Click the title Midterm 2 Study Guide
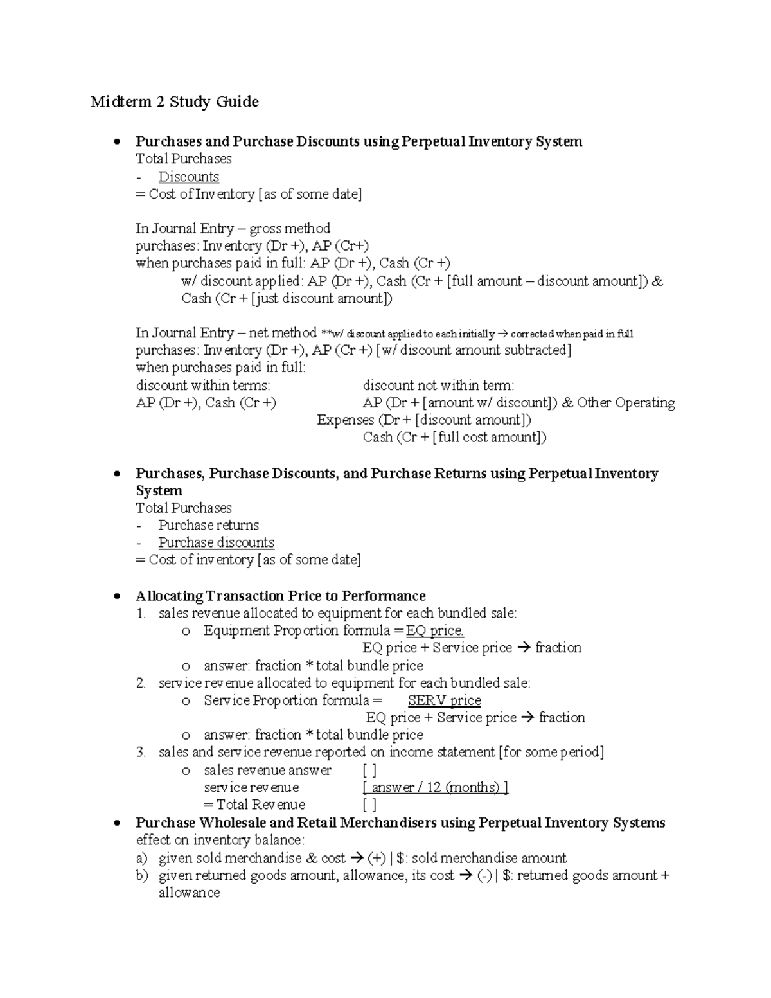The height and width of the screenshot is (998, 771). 174,102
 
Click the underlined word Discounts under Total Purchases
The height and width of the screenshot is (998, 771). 188,177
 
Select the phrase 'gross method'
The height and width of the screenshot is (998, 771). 290,229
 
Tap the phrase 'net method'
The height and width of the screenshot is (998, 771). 283,333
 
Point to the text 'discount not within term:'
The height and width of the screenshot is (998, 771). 438,386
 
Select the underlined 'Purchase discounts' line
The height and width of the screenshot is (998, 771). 217,542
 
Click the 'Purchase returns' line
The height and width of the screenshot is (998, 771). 209,525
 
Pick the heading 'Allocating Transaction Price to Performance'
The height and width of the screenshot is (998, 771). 281,596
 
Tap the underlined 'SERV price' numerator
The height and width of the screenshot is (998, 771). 445,700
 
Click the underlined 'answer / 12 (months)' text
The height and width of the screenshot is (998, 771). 436,788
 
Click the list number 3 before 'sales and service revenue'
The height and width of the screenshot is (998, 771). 141,753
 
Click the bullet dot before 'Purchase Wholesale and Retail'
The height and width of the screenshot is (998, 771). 116,823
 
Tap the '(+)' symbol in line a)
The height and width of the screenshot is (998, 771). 377,859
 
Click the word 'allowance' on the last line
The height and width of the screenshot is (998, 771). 189,893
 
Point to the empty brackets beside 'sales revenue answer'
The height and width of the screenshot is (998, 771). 369,771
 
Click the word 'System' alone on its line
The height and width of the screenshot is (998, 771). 159,491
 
